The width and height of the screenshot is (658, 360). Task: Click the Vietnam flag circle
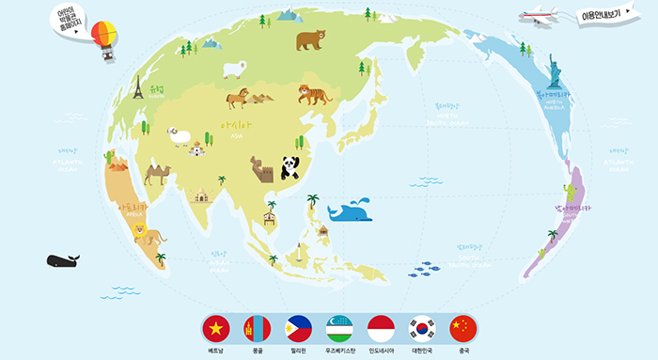click(217, 329)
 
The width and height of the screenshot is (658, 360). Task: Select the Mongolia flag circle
click(258, 329)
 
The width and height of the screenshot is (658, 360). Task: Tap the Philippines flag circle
click(299, 329)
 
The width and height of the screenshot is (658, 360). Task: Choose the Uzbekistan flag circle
click(340, 329)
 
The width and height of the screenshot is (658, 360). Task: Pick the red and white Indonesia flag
click(382, 329)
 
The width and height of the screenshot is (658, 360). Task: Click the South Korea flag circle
click(423, 329)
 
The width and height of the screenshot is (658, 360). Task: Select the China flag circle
click(463, 329)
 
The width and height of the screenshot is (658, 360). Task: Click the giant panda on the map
click(291, 167)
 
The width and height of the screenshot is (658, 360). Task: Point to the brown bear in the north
click(309, 40)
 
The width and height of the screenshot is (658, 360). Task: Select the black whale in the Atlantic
click(63, 260)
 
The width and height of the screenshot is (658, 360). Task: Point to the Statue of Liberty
click(554, 70)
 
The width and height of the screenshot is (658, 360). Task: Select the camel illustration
click(156, 173)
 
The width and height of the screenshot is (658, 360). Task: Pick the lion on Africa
click(145, 233)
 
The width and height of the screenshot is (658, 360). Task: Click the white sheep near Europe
click(234, 69)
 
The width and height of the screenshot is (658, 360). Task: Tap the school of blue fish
click(424, 269)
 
